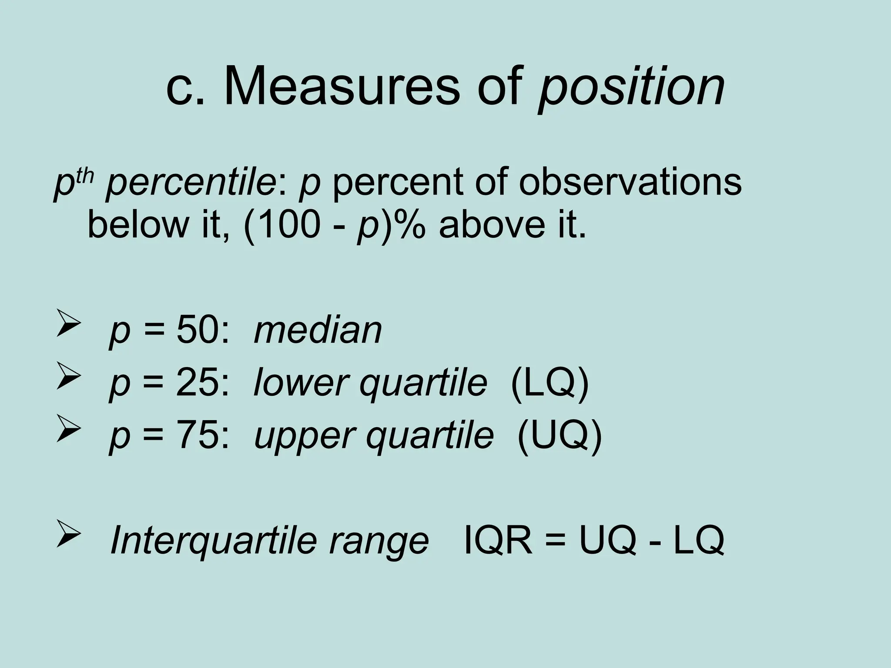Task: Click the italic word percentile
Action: tap(189, 183)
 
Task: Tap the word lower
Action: tap(299, 383)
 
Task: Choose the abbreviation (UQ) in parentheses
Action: tap(559, 436)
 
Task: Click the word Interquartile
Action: tap(212, 541)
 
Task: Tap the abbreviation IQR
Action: tap(499, 541)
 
